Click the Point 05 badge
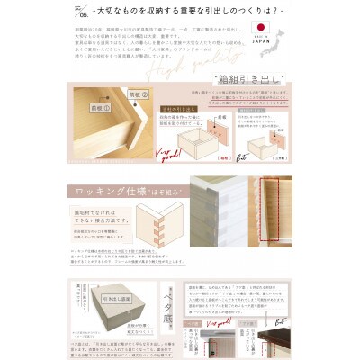click(84, 13)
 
